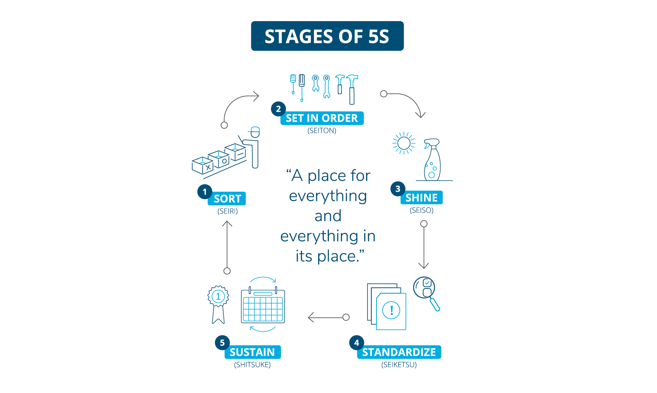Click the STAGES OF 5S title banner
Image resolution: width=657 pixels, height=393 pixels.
(x=327, y=36)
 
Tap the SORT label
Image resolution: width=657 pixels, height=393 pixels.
(x=227, y=199)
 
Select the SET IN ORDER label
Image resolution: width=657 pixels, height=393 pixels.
(x=322, y=118)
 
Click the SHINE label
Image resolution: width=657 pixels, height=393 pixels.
(x=421, y=198)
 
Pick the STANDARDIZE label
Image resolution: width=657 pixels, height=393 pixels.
(x=399, y=352)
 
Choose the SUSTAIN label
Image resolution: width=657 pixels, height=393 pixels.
(x=252, y=352)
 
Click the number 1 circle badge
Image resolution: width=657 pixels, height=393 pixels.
(x=205, y=192)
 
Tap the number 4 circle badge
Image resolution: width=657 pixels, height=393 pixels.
(x=357, y=343)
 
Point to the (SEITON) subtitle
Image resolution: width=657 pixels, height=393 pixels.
(x=322, y=131)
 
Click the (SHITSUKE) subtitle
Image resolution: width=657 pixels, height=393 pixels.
(x=252, y=365)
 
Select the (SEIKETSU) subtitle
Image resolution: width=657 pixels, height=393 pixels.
(x=399, y=365)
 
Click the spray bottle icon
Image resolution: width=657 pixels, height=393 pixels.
(x=432, y=159)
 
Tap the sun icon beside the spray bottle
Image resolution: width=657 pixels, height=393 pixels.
(x=404, y=143)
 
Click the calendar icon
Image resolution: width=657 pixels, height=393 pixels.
(x=263, y=305)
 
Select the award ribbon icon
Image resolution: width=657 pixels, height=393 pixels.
(x=218, y=303)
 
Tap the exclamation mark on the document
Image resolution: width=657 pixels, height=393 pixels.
(x=391, y=310)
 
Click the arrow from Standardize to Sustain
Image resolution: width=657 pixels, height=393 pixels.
(x=328, y=317)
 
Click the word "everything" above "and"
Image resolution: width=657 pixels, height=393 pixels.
(x=328, y=196)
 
